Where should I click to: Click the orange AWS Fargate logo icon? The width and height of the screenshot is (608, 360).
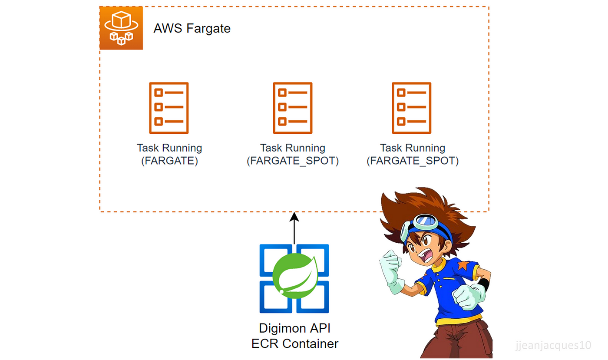pos(121,28)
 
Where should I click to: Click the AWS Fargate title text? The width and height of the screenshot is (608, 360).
pos(192,29)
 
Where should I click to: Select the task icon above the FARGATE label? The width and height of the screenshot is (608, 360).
pos(169,108)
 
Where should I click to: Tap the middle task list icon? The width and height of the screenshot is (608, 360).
pos(293,108)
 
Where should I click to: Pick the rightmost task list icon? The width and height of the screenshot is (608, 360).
pos(412,108)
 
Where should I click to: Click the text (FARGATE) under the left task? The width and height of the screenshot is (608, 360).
pos(170,161)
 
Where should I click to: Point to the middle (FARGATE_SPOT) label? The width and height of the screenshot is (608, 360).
pos(293,161)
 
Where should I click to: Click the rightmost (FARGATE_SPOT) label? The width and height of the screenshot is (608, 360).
pos(413,161)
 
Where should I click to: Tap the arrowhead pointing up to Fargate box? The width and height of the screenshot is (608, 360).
pos(294,217)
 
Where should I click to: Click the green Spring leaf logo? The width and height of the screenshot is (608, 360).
pos(295,276)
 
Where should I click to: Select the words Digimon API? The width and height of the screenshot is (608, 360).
pos(295,328)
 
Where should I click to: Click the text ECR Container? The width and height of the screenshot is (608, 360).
pos(295,343)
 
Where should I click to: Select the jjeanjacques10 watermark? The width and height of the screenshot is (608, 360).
pos(553,345)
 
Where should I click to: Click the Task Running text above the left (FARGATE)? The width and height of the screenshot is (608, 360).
pos(169,148)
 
